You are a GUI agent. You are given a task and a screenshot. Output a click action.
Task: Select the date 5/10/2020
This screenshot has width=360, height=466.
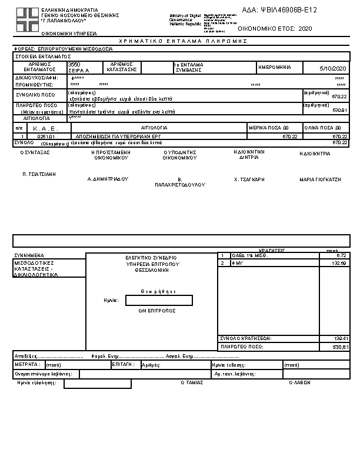(333, 68)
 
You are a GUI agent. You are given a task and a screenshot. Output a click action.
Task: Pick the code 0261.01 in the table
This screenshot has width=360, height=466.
(45, 136)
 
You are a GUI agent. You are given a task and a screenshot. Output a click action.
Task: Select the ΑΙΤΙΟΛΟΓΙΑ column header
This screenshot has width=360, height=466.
(155, 128)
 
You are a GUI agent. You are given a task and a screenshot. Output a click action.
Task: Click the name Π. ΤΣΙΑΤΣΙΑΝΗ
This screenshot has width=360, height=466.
(39, 174)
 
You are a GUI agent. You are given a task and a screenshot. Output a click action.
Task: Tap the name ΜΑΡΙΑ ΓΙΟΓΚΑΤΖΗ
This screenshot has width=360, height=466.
(320, 179)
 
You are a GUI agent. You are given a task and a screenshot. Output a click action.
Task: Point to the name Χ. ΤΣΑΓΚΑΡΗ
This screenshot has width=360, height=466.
(249, 179)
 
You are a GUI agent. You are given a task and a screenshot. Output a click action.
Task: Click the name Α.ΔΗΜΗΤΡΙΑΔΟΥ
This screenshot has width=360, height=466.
(108, 178)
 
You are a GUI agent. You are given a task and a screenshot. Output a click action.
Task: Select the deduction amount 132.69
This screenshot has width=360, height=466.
(339, 264)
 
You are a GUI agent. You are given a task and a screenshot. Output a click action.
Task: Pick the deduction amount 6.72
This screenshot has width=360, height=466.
(342, 256)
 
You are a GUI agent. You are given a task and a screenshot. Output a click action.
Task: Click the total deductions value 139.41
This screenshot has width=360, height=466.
(341, 338)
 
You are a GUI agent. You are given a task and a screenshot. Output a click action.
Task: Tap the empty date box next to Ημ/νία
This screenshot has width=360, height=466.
(159, 301)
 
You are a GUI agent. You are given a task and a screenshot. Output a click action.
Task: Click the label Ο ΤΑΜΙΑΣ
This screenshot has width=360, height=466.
(191, 382)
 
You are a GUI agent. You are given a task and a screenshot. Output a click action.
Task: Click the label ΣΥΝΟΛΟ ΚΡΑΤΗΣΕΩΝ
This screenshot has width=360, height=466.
(245, 338)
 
